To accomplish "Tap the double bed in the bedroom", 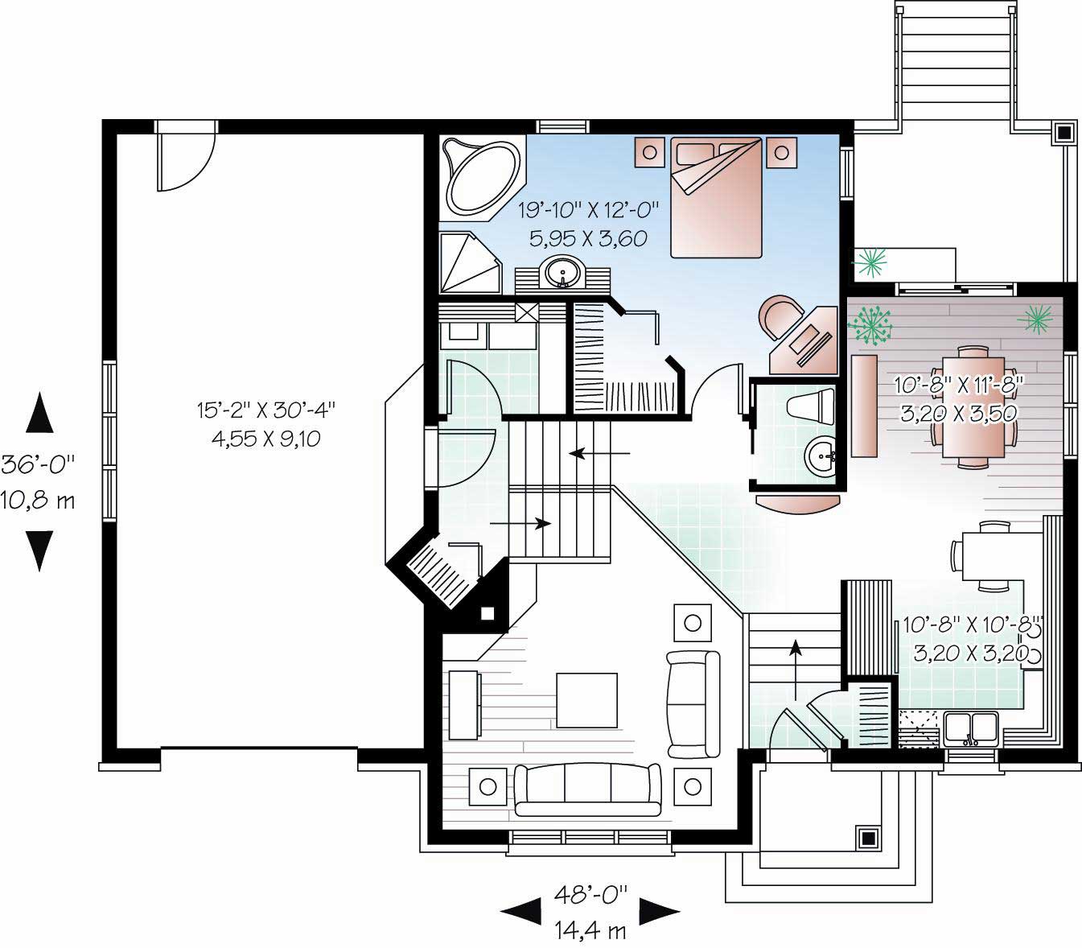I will coord(716,198).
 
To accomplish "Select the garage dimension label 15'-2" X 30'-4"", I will coord(265,410).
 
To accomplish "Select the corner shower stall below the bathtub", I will coord(468,262).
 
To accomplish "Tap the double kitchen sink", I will coord(971,728).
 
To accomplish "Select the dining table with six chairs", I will coord(973,406).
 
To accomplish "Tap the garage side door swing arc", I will coord(187,161).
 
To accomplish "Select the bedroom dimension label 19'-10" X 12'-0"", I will coord(588,211).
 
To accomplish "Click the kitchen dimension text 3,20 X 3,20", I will coord(970,653).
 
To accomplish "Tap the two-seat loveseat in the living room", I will coord(693,703).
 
